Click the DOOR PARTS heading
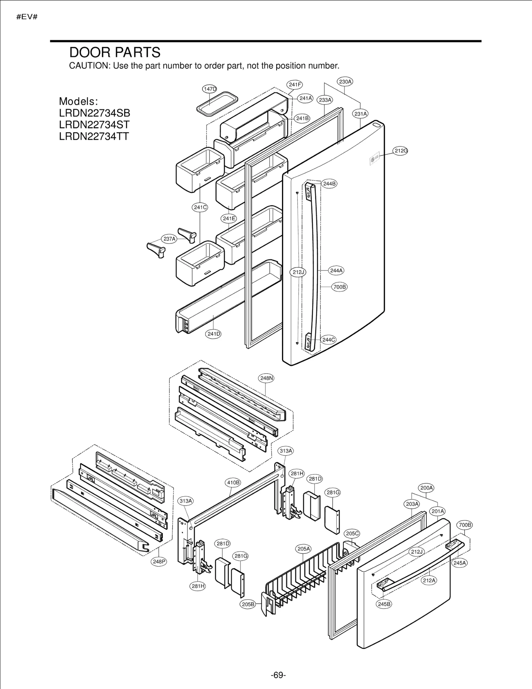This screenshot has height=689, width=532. [115, 53]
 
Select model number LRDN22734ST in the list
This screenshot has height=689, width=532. [94, 125]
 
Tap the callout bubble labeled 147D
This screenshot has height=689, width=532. [209, 89]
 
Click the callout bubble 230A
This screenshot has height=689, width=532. [345, 82]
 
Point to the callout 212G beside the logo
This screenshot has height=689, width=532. [401, 151]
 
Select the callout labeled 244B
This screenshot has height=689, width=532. [329, 184]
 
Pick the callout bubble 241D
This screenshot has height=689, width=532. [213, 334]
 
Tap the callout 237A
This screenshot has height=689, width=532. [169, 239]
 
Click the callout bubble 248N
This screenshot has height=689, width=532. [266, 378]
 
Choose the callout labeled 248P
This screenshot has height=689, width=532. [159, 562]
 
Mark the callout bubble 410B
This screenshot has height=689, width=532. [233, 482]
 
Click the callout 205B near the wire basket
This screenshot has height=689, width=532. [248, 604]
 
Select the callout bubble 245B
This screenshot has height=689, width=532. [384, 604]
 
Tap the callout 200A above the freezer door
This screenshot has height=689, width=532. [427, 488]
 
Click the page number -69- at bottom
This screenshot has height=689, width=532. [278, 675]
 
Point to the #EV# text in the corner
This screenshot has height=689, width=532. [27, 17]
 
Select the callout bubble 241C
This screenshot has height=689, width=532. [200, 207]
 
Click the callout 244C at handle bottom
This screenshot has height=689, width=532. [329, 340]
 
